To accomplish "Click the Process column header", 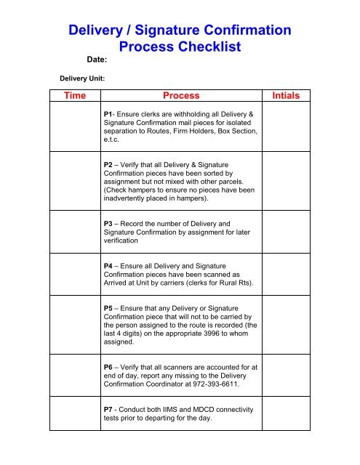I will tap(181, 96).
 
